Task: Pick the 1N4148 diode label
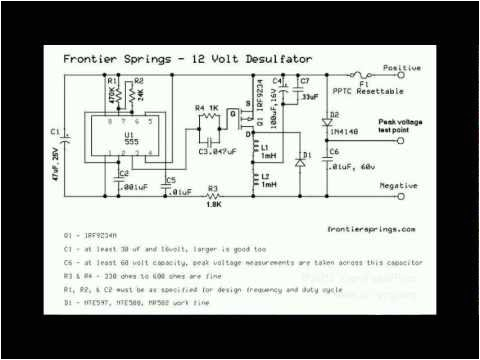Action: click(346, 130)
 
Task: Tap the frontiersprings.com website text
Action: click(370, 227)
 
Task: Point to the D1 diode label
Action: click(306, 155)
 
